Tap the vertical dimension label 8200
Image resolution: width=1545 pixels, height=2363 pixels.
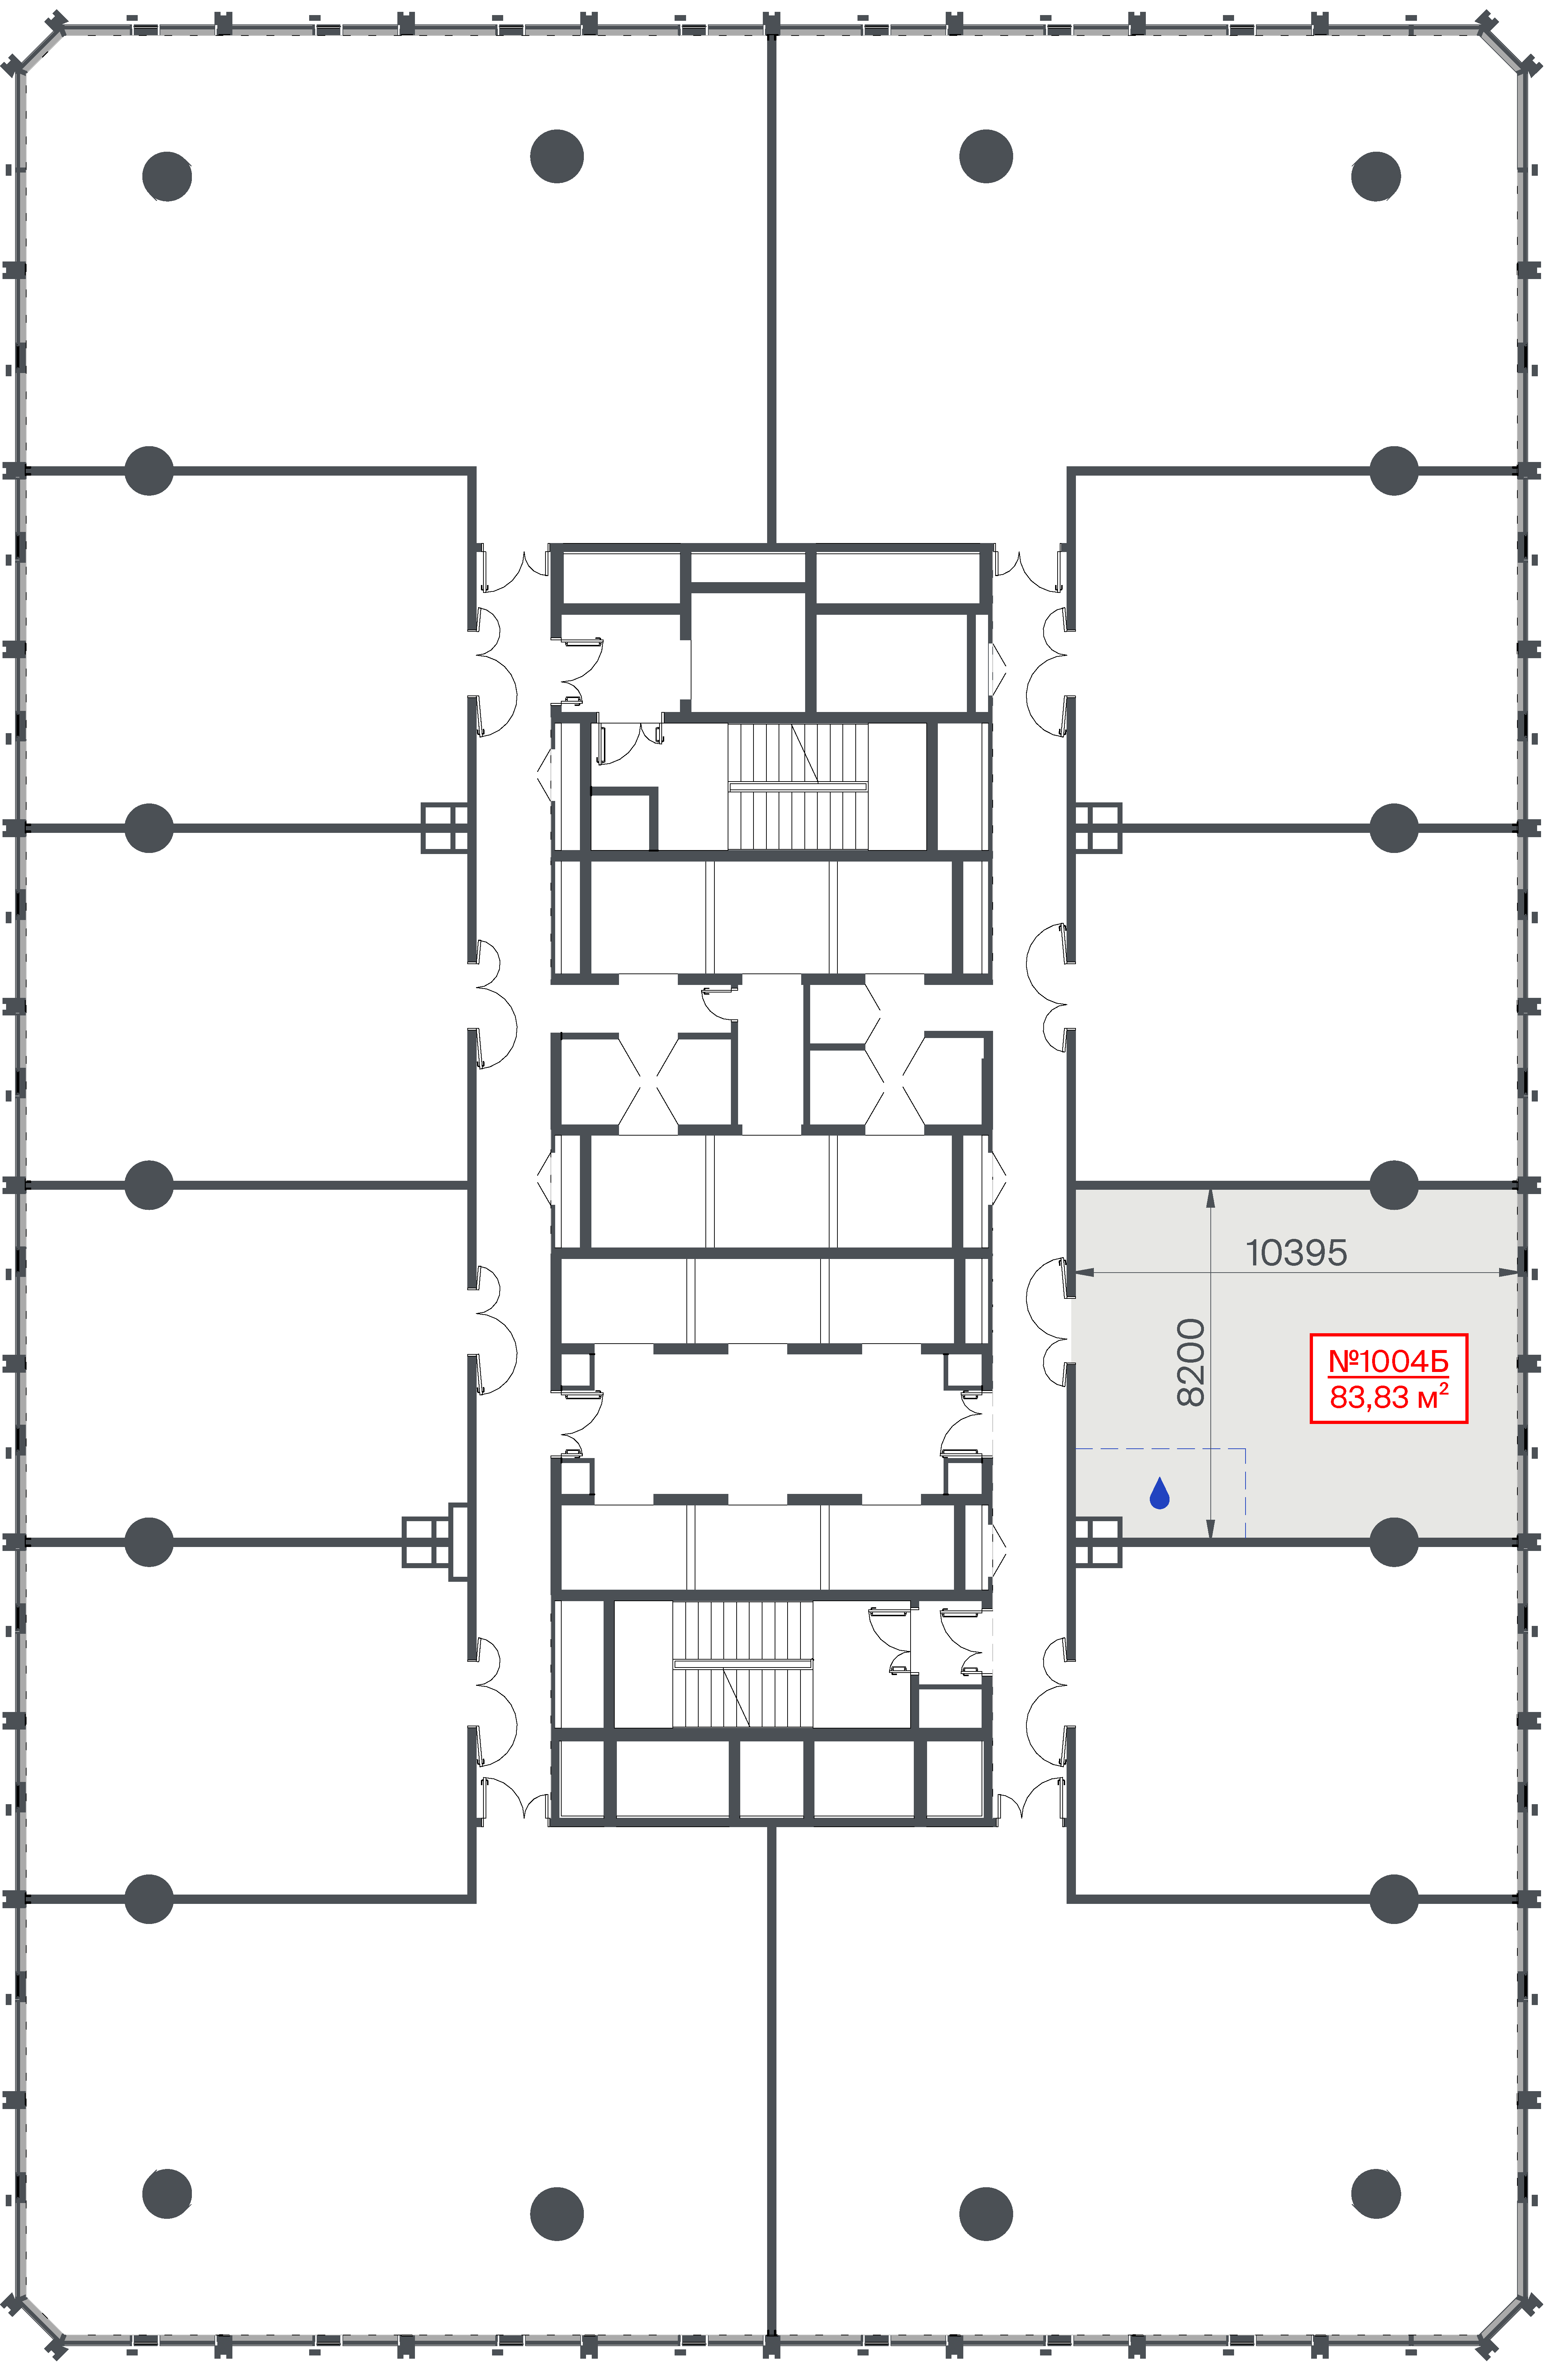pyautogui.click(x=1191, y=1362)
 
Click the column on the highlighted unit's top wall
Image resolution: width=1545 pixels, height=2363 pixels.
pyautogui.click(x=1393, y=1184)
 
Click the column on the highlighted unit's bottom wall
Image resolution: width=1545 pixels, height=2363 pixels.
pyautogui.click(x=1393, y=1542)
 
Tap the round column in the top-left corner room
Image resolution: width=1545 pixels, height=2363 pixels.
pyautogui.click(x=167, y=177)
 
